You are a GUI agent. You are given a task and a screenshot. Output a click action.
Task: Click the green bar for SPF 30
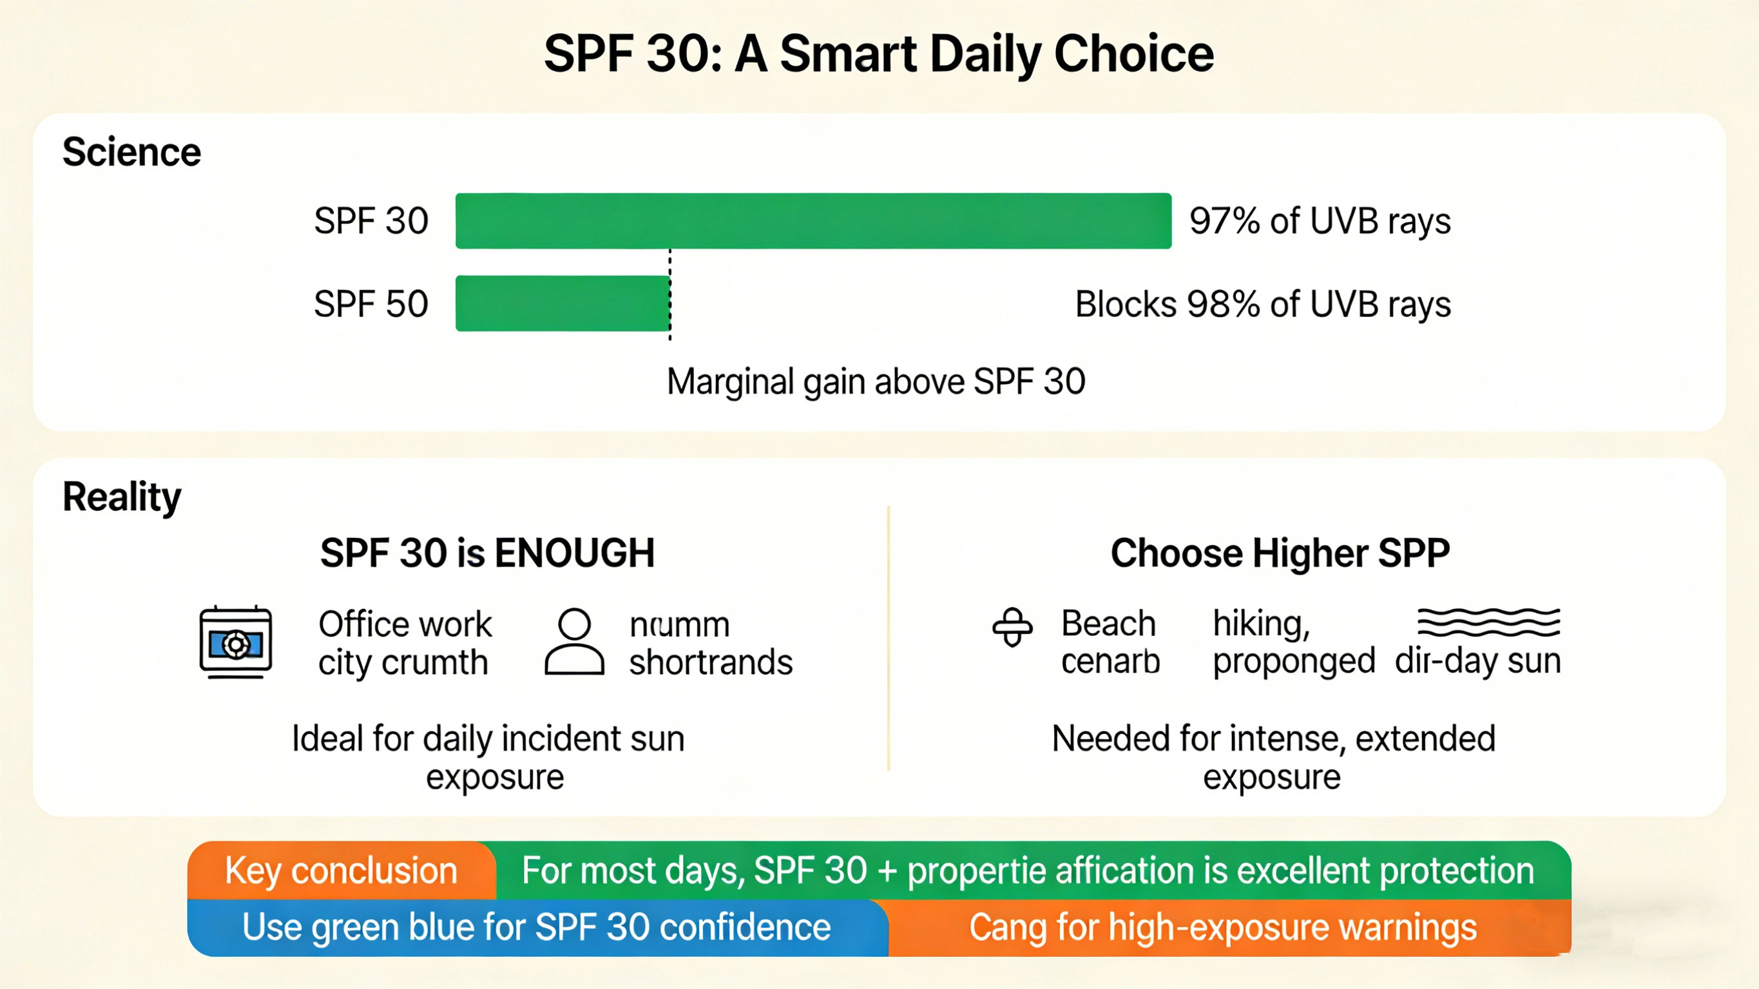pyautogui.click(x=812, y=220)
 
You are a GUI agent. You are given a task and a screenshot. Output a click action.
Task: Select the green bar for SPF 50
pyautogui.click(x=562, y=303)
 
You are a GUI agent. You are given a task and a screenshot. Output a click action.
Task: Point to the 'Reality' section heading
pyautogui.click(x=122, y=497)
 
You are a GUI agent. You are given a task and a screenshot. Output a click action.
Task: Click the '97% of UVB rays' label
pyautogui.click(x=1320, y=221)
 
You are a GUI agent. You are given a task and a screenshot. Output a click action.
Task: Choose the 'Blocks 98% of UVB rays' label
pyautogui.click(x=1262, y=304)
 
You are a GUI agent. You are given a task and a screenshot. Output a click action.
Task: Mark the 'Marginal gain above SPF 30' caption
pyautogui.click(x=876, y=381)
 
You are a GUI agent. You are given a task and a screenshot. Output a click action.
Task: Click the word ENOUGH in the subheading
pyautogui.click(x=574, y=553)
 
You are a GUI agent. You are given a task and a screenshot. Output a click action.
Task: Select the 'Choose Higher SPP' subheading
pyautogui.click(x=1280, y=553)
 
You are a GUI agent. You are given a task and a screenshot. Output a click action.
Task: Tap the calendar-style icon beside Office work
pyautogui.click(x=236, y=642)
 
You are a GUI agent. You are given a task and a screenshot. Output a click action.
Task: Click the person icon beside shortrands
pyautogui.click(x=574, y=642)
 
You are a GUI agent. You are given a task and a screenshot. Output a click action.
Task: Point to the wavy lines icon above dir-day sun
pyautogui.click(x=1488, y=622)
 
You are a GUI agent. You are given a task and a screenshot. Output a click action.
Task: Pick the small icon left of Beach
pyautogui.click(x=1012, y=626)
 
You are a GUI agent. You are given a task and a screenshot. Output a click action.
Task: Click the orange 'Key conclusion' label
pyautogui.click(x=341, y=870)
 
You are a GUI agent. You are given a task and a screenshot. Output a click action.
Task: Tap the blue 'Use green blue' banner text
pyautogui.click(x=536, y=928)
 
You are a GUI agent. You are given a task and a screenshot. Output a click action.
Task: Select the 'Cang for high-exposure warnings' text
pyautogui.click(x=1222, y=928)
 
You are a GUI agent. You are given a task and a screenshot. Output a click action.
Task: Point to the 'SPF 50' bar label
pyautogui.click(x=370, y=304)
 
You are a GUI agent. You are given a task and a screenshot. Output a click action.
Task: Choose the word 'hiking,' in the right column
pyautogui.click(x=1260, y=624)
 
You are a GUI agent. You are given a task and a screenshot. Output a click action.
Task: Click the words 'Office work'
pyautogui.click(x=405, y=624)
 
